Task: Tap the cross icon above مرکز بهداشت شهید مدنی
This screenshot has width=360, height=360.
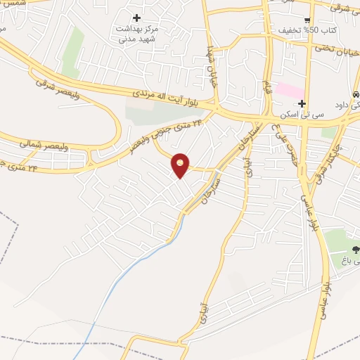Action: point(136,18)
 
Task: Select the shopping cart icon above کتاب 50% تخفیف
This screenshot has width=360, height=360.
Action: point(308,20)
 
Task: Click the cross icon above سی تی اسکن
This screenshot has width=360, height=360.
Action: point(301,103)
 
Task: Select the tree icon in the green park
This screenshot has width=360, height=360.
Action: point(353,249)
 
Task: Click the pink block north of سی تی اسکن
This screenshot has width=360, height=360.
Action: point(288,90)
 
